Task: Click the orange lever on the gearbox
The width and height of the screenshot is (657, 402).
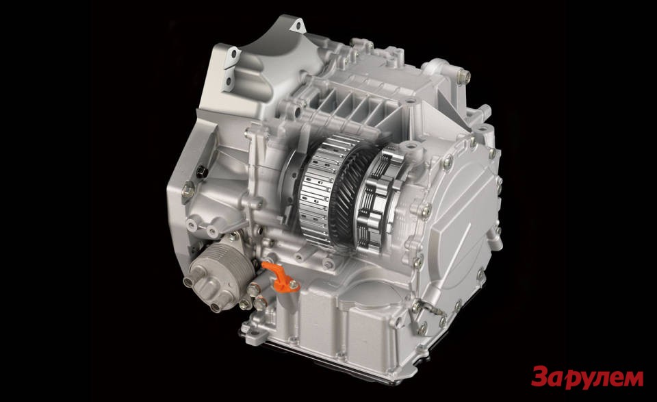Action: click(279, 277)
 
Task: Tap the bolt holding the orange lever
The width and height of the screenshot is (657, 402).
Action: click(294, 285)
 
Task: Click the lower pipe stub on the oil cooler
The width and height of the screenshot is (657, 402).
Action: click(217, 307)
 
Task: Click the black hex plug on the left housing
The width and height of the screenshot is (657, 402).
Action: click(201, 171)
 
